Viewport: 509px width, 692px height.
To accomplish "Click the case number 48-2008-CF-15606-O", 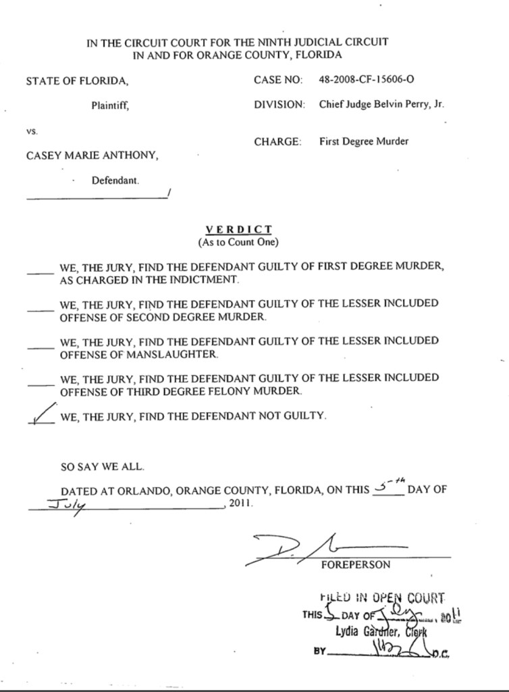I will click(367, 80).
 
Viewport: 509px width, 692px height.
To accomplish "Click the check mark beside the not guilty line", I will click(42, 414).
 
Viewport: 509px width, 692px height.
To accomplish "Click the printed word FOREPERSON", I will click(356, 564).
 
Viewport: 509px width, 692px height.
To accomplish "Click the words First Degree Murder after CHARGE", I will click(363, 142).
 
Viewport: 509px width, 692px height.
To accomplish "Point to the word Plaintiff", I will click(110, 105).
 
